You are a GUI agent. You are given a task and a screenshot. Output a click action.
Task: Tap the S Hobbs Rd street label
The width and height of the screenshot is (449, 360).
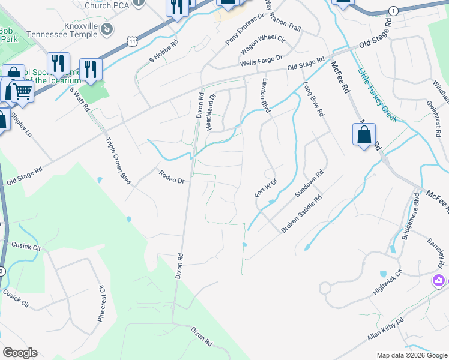(x=164, y=52)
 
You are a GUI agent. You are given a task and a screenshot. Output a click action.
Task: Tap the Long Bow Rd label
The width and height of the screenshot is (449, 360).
(x=314, y=100)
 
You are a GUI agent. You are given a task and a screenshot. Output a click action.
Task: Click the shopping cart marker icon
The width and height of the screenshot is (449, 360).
(x=23, y=91)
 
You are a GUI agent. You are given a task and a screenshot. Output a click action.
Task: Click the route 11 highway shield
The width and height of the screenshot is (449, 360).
(x=133, y=40)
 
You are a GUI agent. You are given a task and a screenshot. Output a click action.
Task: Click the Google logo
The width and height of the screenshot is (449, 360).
(x=20, y=353)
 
